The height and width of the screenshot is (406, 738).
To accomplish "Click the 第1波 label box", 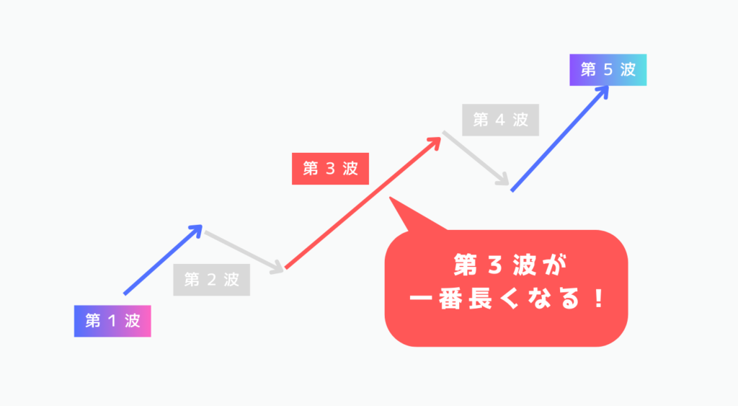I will pos(112,321).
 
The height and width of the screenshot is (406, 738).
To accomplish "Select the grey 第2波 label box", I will pos(211,280).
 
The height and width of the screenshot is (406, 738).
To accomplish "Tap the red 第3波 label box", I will pos(330,169).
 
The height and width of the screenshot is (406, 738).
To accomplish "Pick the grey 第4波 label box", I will pos(501,120).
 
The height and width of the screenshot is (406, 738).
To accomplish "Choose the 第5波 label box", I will pos(608,70).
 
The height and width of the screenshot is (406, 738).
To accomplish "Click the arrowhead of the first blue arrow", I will pos(197,229).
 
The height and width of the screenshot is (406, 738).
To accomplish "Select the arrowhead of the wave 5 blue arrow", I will pos(603,92).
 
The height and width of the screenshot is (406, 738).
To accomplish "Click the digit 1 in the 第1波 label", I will pos(113,321).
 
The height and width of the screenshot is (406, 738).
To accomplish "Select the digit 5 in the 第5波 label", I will pos(608,70).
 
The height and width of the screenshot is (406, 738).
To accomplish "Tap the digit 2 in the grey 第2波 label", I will pos(212,280).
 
